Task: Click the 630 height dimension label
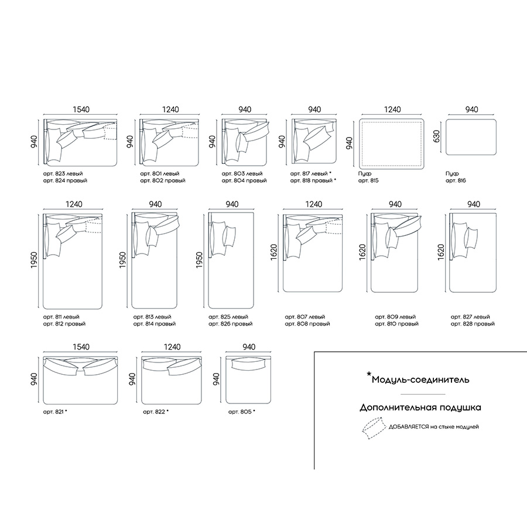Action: pyautogui.click(x=437, y=136)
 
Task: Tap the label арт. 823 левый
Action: pyautogui.click(x=63, y=174)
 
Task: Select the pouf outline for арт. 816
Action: pyautogui.click(x=471, y=137)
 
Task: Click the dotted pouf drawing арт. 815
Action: pyautogui.click(x=392, y=143)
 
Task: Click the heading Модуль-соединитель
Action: pyautogui.click(x=420, y=380)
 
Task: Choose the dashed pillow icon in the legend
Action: pyautogui.click(x=374, y=428)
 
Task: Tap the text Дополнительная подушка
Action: pyautogui.click(x=420, y=408)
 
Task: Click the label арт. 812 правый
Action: pyautogui.click(x=64, y=324)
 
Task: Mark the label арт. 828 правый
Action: pyautogui.click(x=473, y=324)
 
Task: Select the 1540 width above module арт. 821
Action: pyautogui.click(x=81, y=347)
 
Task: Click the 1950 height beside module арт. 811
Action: pyautogui.click(x=35, y=260)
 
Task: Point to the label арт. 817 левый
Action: pyautogui.click(x=309, y=174)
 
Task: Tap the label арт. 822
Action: pyautogui.click(x=154, y=412)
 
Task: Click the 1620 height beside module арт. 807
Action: pyautogui.click(x=273, y=252)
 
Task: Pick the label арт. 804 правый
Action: pyautogui.click(x=244, y=180)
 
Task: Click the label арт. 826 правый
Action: pyautogui.click(x=230, y=324)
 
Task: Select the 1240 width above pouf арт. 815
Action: pyautogui.click(x=392, y=109)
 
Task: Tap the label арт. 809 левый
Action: pyautogui.click(x=395, y=317)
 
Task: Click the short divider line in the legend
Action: pyautogui.click(x=423, y=394)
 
